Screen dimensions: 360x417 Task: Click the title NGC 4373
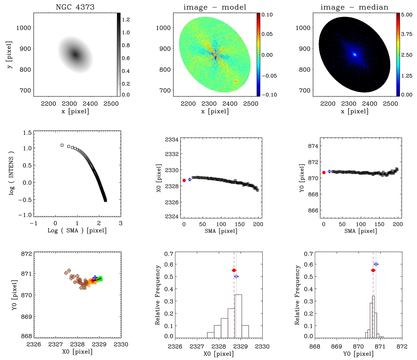75,7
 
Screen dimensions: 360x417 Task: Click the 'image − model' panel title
215,7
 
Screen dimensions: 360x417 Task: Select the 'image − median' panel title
354,7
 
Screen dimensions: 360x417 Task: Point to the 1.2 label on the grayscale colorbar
126,20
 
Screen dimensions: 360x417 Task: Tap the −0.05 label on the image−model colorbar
269,76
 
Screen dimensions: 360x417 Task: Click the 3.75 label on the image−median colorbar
407,34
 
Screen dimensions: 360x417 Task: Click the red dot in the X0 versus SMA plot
184,180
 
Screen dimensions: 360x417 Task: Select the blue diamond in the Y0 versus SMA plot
329,172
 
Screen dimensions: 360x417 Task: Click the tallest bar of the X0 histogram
238,316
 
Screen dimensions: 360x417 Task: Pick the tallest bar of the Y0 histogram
374,317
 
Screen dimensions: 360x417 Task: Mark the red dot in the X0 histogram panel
234,270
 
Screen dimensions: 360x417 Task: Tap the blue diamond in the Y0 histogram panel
376,264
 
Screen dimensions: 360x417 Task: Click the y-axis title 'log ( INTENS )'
11,173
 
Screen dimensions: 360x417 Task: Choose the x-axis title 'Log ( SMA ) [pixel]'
77,230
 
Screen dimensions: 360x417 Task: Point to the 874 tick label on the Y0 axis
313,146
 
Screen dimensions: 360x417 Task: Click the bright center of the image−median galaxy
354,55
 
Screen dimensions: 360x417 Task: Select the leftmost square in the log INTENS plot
62,145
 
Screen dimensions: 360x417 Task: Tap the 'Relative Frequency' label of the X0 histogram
158,295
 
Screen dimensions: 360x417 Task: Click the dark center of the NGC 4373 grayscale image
75,55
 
